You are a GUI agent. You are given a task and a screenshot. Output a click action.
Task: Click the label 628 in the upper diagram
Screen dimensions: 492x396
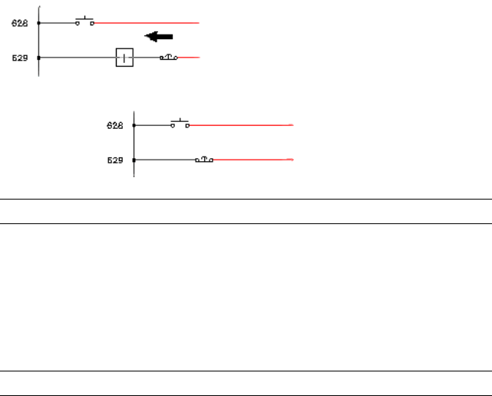click(x=19, y=24)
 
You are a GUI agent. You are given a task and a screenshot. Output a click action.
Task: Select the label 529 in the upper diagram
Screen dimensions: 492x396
click(x=19, y=58)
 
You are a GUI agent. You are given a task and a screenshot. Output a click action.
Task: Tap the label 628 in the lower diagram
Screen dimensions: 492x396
click(x=115, y=125)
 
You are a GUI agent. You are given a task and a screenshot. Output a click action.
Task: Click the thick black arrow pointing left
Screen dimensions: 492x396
click(x=160, y=36)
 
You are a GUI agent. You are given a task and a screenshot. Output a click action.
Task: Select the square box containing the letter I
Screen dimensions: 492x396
click(x=124, y=58)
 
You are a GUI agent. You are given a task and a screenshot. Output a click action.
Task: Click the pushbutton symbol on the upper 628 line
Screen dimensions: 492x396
click(x=84, y=21)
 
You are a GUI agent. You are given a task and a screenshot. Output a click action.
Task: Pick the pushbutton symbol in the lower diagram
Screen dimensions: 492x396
click(x=180, y=124)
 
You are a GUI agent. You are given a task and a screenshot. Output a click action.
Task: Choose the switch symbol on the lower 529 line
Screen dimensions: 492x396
click(x=204, y=159)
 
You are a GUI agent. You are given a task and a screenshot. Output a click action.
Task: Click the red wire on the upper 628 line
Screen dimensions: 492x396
click(x=146, y=23)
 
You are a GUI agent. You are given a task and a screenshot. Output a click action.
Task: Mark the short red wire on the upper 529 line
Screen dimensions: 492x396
click(x=189, y=58)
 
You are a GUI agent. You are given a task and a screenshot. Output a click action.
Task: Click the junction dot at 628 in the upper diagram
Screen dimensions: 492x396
click(x=38, y=23)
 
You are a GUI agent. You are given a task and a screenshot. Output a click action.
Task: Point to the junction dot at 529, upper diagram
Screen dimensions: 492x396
click(x=38, y=58)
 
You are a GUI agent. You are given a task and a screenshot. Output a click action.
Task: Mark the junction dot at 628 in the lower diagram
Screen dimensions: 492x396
click(x=134, y=124)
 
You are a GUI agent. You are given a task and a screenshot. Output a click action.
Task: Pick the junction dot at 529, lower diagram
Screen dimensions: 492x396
click(x=134, y=160)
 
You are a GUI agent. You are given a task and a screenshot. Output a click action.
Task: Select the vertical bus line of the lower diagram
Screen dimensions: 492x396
click(x=134, y=142)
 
